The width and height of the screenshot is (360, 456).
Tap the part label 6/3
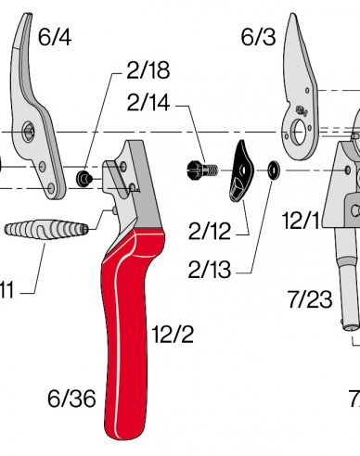(257, 37)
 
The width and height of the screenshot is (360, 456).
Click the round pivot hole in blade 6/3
(301, 130)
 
